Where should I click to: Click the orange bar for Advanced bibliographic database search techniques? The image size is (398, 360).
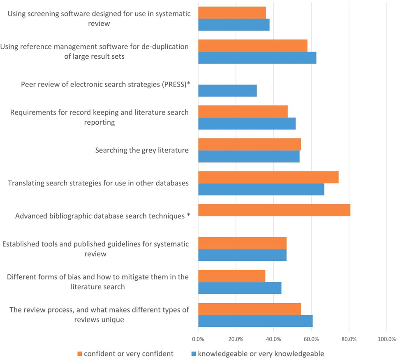[x=274, y=210]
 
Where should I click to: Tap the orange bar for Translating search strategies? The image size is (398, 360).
[x=268, y=177]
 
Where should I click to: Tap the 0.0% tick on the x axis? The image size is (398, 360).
[x=198, y=339]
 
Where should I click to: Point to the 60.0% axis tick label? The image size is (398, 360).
[x=311, y=339]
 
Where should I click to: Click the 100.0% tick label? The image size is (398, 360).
[x=386, y=339]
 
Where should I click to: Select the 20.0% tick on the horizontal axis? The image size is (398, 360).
[x=236, y=339]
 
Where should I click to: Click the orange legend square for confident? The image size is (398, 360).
[x=80, y=354]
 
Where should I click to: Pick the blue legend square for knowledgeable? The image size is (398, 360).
[x=193, y=354]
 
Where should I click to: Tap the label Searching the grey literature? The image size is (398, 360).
[x=142, y=150]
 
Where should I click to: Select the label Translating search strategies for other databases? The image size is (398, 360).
[x=98, y=183]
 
